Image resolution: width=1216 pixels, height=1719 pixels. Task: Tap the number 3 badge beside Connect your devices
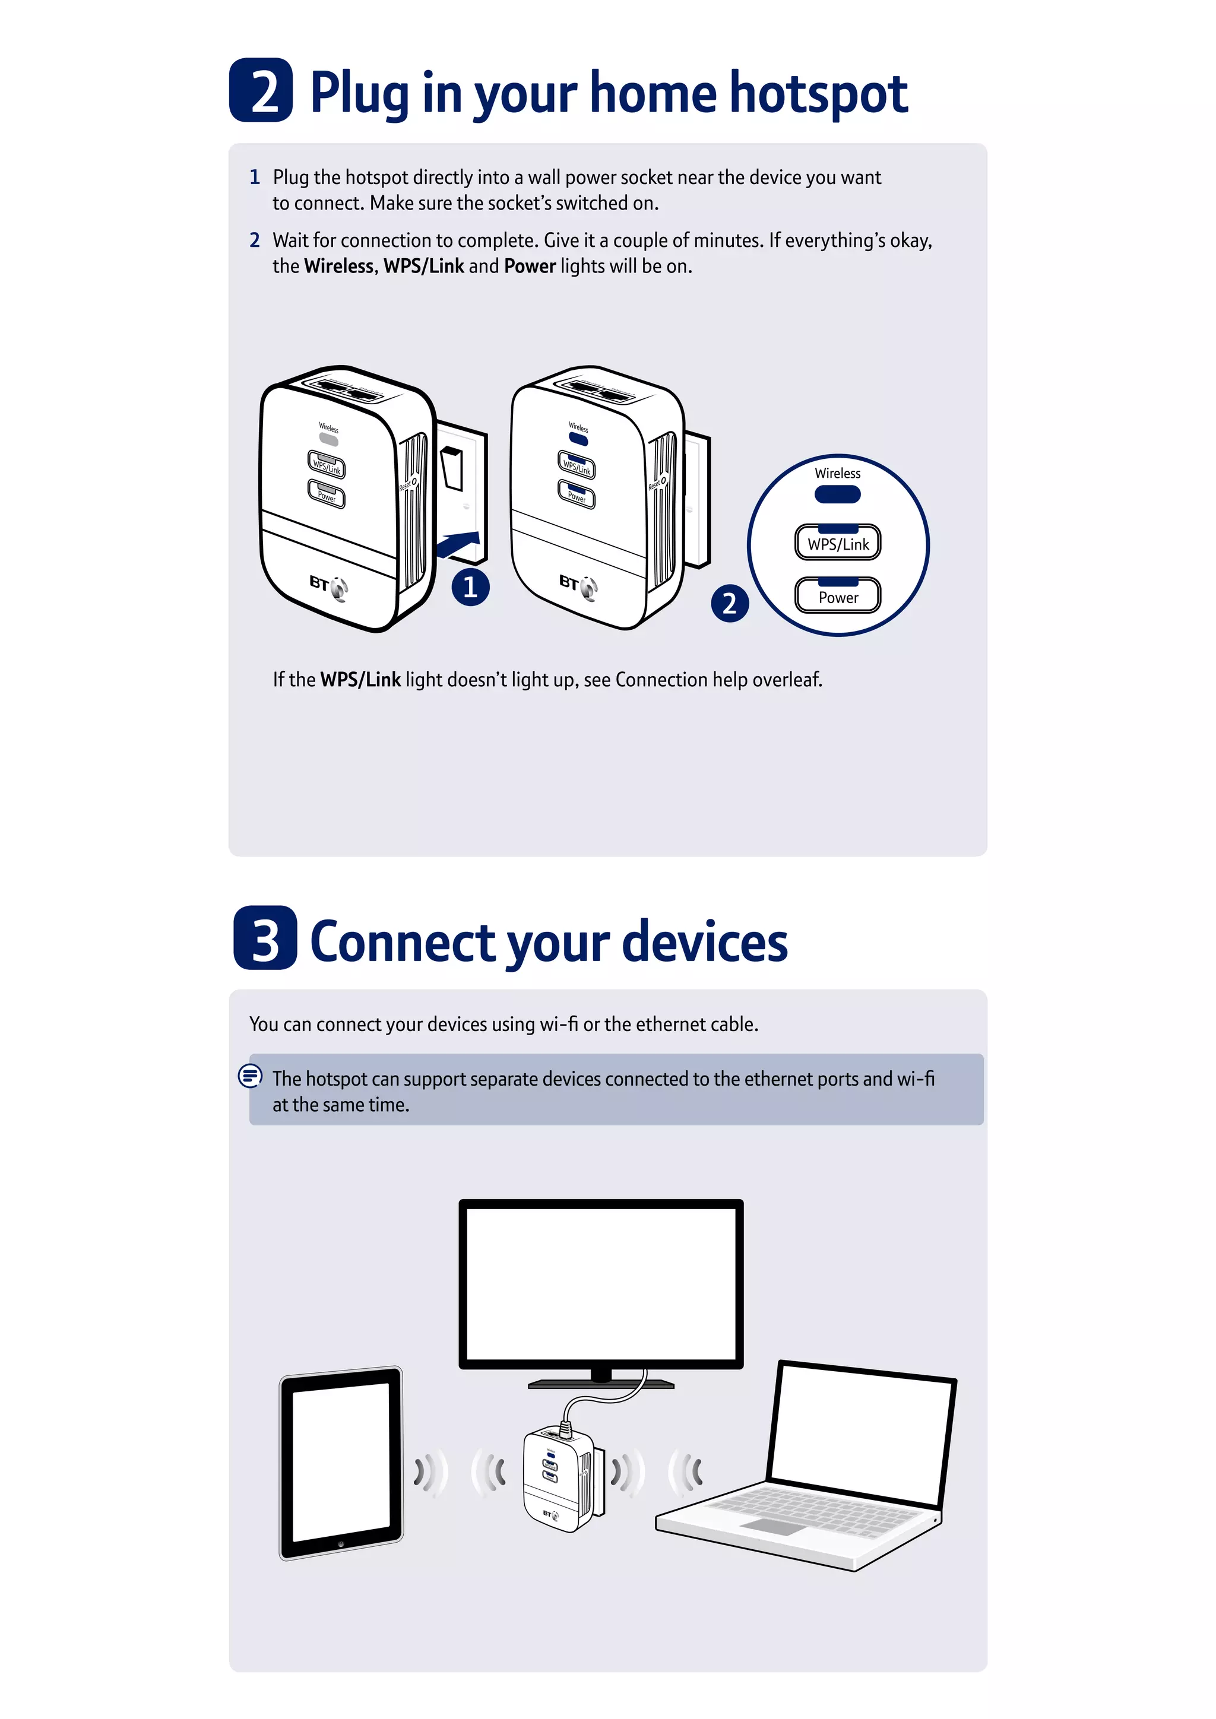point(265,937)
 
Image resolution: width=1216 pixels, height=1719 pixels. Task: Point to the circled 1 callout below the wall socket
point(470,586)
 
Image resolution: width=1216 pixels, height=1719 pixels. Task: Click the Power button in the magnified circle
point(838,596)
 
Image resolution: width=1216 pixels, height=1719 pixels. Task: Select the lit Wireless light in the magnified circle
point(838,494)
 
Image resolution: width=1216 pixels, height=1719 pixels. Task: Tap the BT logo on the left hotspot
point(328,585)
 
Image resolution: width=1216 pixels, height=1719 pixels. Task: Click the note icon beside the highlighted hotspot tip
point(250,1076)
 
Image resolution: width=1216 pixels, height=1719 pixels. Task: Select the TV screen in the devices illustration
point(600,1283)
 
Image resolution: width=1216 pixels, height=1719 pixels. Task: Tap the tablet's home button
point(341,1544)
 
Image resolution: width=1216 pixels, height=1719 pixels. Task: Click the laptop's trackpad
point(771,1527)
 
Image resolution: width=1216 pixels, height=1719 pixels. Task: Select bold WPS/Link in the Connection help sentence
point(360,679)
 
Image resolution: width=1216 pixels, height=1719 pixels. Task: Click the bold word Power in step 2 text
point(530,266)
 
